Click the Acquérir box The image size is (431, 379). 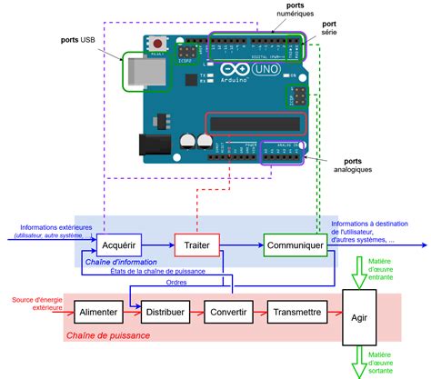pyautogui.click(x=119, y=244)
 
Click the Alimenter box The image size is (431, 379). pyautogui.click(x=97, y=312)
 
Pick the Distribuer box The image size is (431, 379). pyautogui.click(x=164, y=312)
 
